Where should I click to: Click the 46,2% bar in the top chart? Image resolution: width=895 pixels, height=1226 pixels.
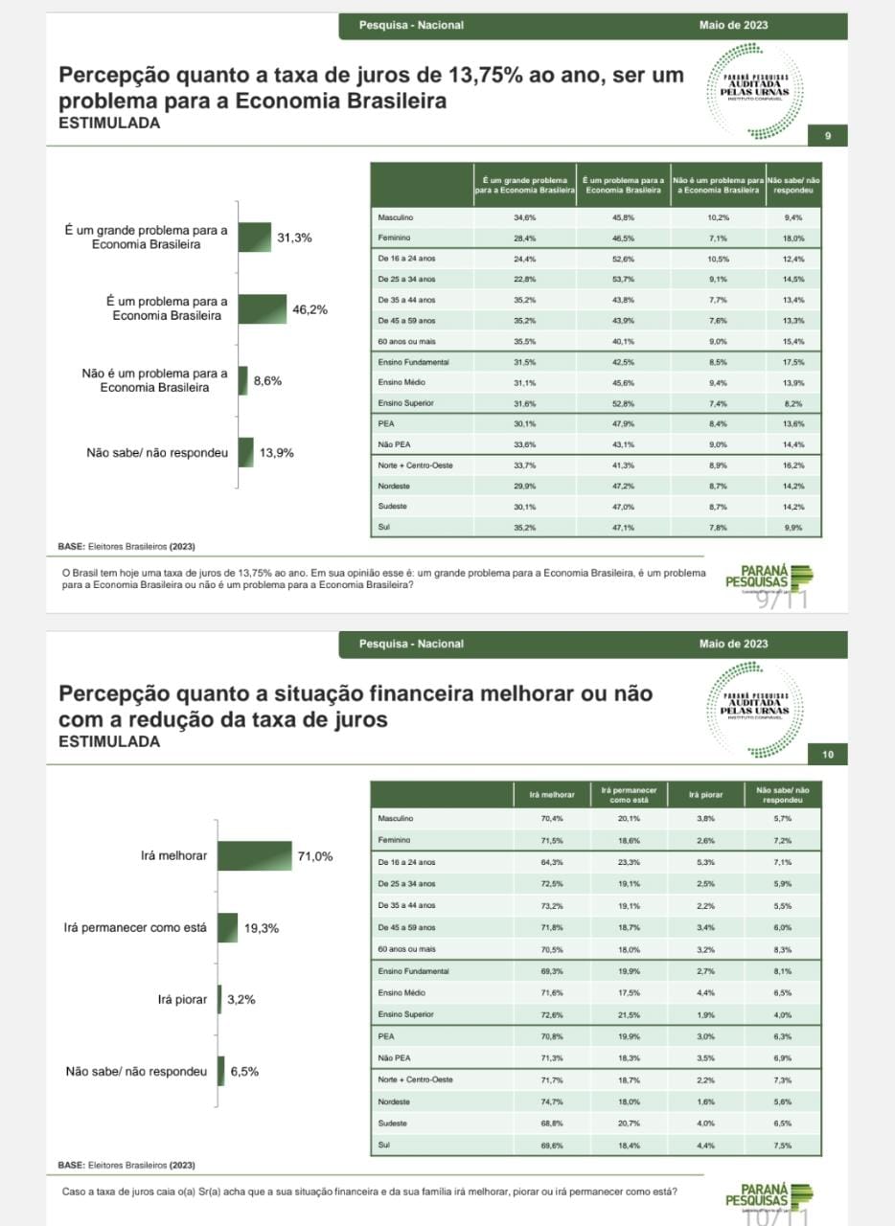[x=262, y=309]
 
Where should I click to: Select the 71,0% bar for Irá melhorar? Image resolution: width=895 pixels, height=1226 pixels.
[x=255, y=856]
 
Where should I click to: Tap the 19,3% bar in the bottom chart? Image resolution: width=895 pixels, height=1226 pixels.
[x=228, y=928]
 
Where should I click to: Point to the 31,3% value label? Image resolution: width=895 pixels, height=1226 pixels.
[x=294, y=238]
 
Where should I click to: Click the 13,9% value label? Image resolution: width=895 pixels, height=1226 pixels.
[x=277, y=452]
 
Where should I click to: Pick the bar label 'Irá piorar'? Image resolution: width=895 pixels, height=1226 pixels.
[x=182, y=999]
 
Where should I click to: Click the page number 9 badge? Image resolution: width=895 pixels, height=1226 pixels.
[x=829, y=137]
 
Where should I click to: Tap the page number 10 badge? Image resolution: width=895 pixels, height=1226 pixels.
[x=828, y=756]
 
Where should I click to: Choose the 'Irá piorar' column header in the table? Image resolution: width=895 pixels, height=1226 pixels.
[x=705, y=794]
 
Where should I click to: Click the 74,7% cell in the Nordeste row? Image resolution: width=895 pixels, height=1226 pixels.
[x=552, y=1102]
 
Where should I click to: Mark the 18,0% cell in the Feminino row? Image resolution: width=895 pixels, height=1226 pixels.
[x=792, y=238]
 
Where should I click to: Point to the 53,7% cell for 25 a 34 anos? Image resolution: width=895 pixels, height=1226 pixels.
[x=624, y=279]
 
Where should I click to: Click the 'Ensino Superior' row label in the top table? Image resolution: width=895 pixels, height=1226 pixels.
[x=405, y=403]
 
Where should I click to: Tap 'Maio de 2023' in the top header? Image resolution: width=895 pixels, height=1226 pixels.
[x=733, y=25]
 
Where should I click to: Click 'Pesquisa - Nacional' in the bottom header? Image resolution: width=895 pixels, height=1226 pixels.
[x=411, y=644]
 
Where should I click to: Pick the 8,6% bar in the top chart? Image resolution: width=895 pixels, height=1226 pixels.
[x=243, y=381]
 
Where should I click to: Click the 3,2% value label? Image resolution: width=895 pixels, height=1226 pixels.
[x=241, y=1000]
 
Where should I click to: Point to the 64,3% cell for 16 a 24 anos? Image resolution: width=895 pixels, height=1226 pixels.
[x=552, y=861]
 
